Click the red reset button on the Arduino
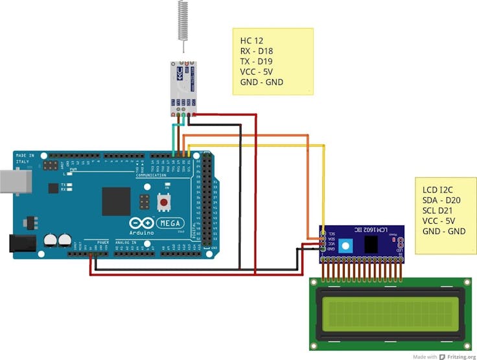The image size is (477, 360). (163, 202)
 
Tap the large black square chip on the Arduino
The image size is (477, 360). (116, 201)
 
